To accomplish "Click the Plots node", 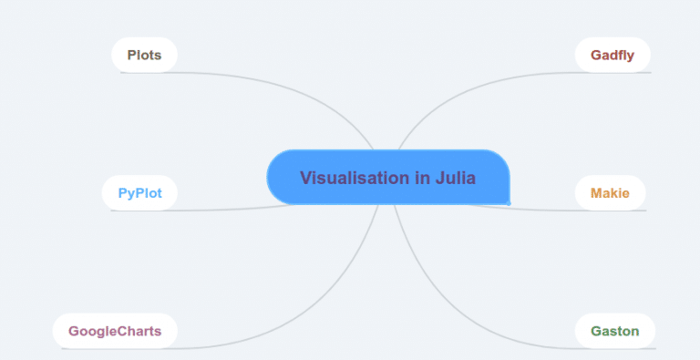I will pos(144,55).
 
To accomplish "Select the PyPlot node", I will pos(139,193).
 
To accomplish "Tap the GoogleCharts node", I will pos(115,331).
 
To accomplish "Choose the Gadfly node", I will pos(612,55).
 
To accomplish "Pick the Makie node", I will pos(610,193).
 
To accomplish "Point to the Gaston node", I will pos(614,331).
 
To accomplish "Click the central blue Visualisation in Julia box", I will pos(388,177).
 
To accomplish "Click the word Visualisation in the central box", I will pos(355,178).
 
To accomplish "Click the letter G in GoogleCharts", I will pos(74,331).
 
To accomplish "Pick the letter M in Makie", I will pos(596,193).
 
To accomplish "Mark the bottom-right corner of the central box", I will pos(509,202).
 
